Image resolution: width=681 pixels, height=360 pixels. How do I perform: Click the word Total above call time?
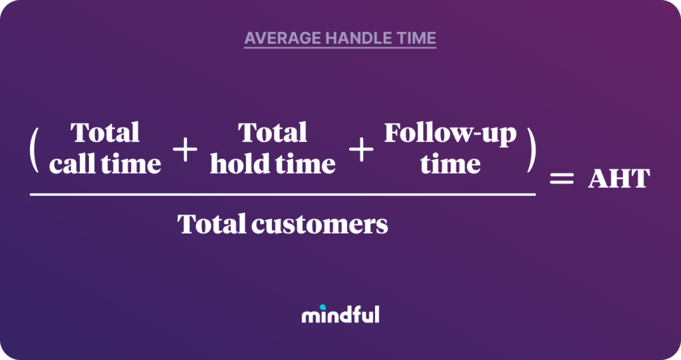[105, 132]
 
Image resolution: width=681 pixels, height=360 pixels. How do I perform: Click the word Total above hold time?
[273, 132]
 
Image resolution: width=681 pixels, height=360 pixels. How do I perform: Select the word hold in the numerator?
[235, 164]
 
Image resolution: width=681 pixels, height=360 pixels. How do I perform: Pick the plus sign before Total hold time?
[185, 151]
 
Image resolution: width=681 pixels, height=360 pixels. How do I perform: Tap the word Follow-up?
[450, 134]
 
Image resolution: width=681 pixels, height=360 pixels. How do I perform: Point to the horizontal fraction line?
[283, 194]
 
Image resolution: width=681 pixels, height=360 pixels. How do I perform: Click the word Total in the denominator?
[211, 225]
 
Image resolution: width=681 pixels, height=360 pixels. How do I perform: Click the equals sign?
[560, 179]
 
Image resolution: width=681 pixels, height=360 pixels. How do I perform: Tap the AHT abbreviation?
[618, 179]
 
